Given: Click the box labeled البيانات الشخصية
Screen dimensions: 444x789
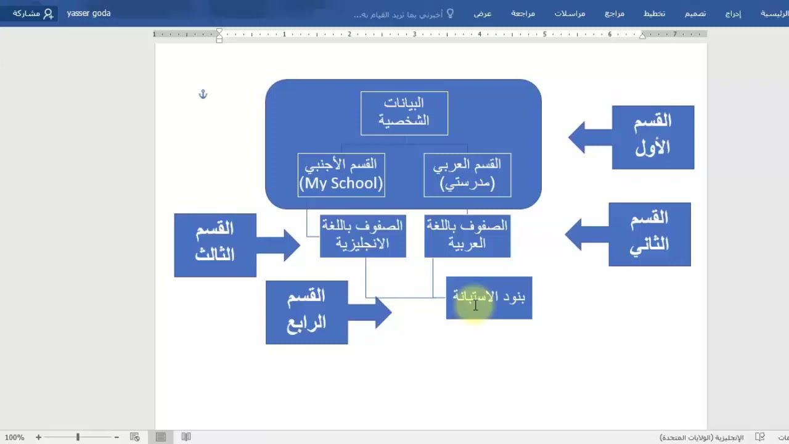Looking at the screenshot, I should coord(404,113).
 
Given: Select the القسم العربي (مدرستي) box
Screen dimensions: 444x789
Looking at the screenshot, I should coord(467,175).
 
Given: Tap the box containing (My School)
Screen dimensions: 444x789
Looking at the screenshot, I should coord(341,175).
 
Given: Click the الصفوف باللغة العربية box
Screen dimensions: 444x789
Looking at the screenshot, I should coord(467,236).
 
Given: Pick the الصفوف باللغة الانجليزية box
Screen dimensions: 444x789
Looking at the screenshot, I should coord(362,236).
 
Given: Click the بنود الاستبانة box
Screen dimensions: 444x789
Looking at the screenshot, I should coord(489,298).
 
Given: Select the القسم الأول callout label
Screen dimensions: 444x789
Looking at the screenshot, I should coord(653,137).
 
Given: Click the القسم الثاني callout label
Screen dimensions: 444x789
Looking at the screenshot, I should coord(650,234).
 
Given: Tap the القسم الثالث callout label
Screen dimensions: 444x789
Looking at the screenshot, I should coord(215,245).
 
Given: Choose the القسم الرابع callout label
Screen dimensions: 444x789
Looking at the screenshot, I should coord(306,312).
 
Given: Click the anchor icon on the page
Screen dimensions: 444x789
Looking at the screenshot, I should coord(203,94).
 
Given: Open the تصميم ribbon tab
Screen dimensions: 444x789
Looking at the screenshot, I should coord(695,14).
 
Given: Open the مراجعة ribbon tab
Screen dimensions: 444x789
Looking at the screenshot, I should coord(523,14).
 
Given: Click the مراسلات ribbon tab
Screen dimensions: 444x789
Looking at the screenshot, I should coord(570,14).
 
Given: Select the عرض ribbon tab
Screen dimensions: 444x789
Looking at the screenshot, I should coord(483,14).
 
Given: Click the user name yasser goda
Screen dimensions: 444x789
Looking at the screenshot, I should coord(89,14).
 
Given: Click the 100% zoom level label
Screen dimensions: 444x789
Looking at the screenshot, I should coord(14,437).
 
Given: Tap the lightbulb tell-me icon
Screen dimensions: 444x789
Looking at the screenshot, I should coord(450,13).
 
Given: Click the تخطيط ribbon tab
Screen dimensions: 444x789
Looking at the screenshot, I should coord(654,14).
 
